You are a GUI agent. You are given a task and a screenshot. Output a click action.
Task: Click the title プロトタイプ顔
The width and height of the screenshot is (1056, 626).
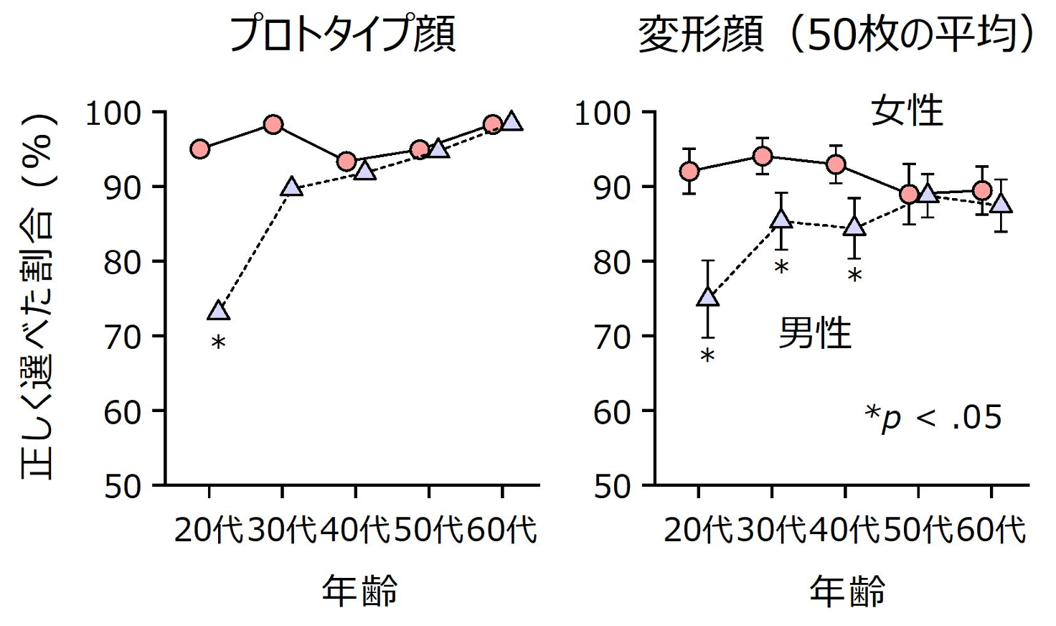pos(341,34)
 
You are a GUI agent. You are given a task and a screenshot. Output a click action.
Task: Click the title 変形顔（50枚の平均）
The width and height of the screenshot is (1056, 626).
pos(836,34)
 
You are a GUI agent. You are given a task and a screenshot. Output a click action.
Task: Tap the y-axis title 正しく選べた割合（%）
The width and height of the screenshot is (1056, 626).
pos(38,294)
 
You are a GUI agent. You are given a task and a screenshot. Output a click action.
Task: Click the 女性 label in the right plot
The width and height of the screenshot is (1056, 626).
pos(907,111)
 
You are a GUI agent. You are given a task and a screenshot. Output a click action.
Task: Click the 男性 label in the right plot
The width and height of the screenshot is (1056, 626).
pos(815,333)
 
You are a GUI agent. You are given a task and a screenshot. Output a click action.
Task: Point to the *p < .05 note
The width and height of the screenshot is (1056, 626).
pos(932,417)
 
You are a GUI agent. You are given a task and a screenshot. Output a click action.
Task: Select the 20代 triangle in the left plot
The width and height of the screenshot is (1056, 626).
pos(219,311)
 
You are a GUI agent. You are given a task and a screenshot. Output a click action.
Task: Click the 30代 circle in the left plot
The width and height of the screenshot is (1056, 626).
pos(273,124)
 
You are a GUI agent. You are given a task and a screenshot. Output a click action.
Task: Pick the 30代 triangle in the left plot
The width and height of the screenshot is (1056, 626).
pos(291,187)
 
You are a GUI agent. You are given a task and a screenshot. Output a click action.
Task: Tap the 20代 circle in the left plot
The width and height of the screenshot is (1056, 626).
pos(200,149)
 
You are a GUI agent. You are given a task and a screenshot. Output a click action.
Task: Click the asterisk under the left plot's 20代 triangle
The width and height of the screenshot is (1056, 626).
pos(219,343)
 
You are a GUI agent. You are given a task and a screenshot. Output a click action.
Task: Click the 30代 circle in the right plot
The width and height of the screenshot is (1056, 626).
pos(763,156)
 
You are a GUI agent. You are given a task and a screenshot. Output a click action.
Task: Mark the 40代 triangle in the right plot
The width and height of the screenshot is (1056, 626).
pos(854,228)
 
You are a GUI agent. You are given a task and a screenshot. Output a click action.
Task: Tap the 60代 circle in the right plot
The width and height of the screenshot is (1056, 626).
pos(982,190)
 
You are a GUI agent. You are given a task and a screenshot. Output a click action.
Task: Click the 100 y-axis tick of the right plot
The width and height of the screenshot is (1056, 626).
pos(603,113)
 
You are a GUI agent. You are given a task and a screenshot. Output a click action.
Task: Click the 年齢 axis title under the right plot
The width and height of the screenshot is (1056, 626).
pos(847,592)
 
